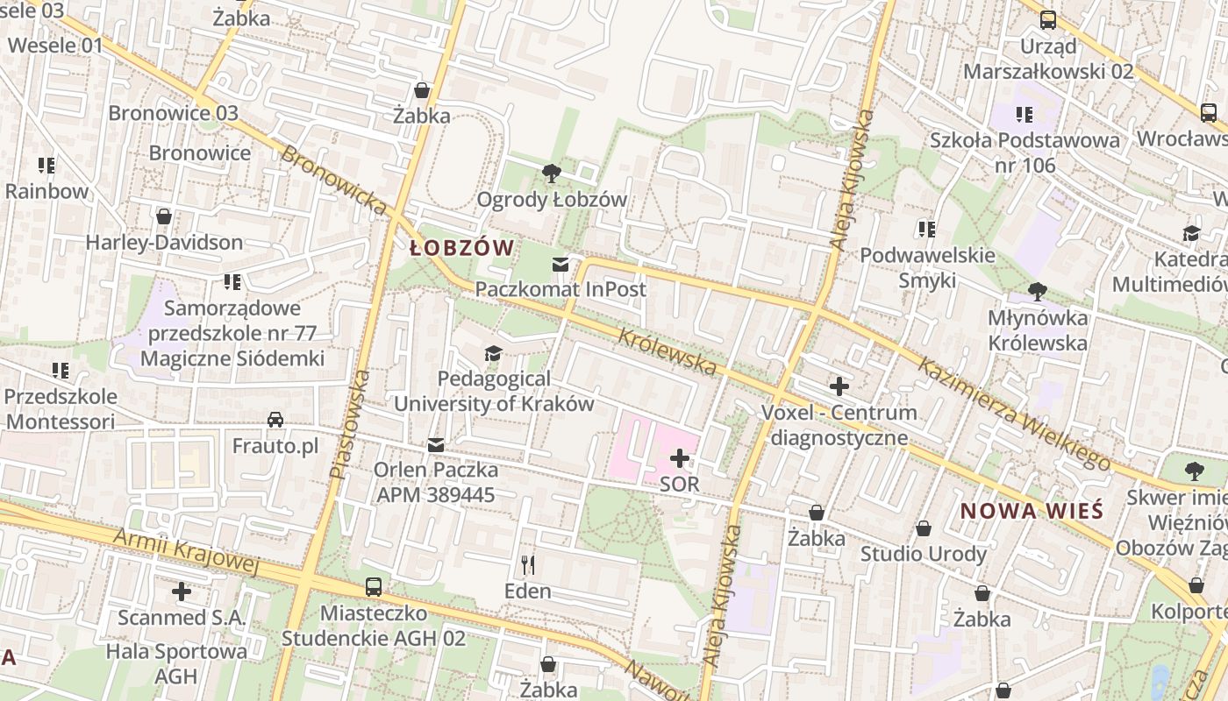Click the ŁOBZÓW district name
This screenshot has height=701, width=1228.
(x=461, y=248)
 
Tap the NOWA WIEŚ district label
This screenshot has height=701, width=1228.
(x=1031, y=511)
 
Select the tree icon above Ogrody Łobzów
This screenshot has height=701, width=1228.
(x=552, y=173)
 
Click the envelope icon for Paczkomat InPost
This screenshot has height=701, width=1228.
(x=560, y=264)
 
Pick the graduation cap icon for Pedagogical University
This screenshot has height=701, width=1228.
(x=494, y=353)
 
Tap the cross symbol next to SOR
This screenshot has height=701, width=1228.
(x=680, y=458)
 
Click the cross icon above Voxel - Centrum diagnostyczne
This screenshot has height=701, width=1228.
(x=839, y=386)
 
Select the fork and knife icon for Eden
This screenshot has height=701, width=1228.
(x=528, y=564)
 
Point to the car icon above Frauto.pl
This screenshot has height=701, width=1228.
(x=275, y=420)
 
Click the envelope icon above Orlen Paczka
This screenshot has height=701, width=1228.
(x=436, y=445)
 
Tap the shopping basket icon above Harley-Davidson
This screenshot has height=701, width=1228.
(x=163, y=216)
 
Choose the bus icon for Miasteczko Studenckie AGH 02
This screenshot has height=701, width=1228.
(x=374, y=586)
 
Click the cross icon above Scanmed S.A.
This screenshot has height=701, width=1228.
(x=182, y=591)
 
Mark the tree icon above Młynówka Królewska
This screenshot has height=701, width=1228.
(x=1038, y=291)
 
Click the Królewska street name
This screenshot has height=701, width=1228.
(x=668, y=352)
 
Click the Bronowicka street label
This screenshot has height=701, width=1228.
(x=334, y=180)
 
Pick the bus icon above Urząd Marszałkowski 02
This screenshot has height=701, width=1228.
(x=1048, y=20)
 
